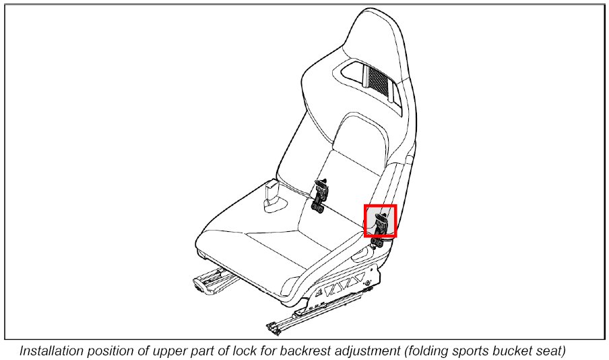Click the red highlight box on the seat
pos(381,221)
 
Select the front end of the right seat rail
pos(273,329)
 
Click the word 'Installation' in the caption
pos(51,351)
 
